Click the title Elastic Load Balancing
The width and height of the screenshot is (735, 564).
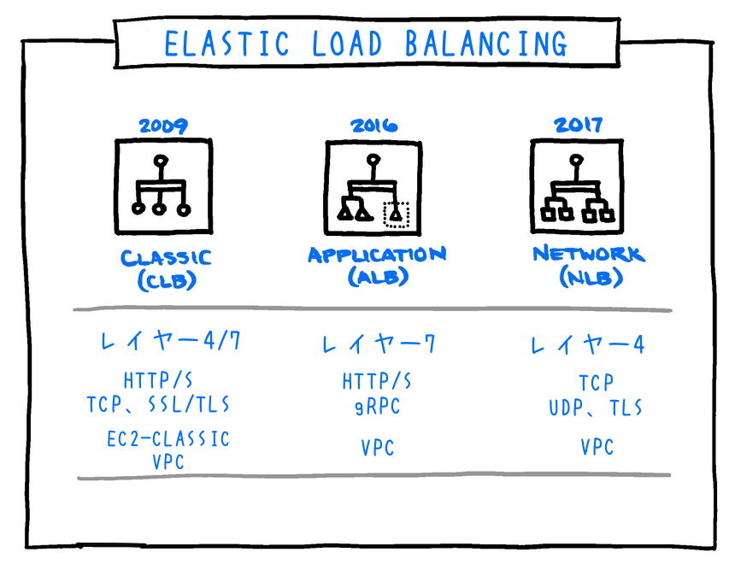[x=366, y=42]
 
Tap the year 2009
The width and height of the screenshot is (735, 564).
[x=163, y=126]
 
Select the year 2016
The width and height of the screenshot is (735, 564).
[x=373, y=126]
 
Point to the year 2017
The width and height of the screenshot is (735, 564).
[x=579, y=125]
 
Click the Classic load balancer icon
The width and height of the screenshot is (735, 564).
[x=162, y=187]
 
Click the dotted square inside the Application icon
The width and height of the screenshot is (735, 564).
[x=397, y=215]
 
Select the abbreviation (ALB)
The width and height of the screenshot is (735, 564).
[x=377, y=277]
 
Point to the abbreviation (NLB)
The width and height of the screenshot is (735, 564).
[x=589, y=277]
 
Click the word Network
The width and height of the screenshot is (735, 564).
[x=588, y=254]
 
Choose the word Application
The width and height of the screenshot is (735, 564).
[x=377, y=255]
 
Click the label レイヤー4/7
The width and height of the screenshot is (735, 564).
[x=171, y=342]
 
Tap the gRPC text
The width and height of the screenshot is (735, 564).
[x=376, y=406]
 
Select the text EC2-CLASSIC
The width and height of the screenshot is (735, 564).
[x=168, y=439]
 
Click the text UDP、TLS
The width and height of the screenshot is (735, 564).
[x=596, y=408]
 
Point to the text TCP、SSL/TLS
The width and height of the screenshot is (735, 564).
[x=158, y=403]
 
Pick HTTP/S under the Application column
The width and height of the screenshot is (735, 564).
[x=377, y=381]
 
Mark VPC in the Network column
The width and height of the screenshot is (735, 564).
[x=597, y=447]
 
